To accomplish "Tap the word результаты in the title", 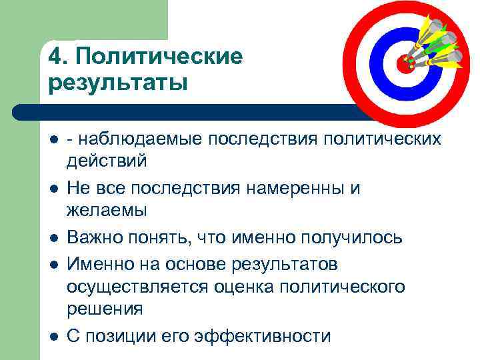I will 117,85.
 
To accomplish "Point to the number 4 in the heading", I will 55,57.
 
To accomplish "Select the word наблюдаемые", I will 140,139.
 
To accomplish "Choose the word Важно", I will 95,238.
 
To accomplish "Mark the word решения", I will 104,309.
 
